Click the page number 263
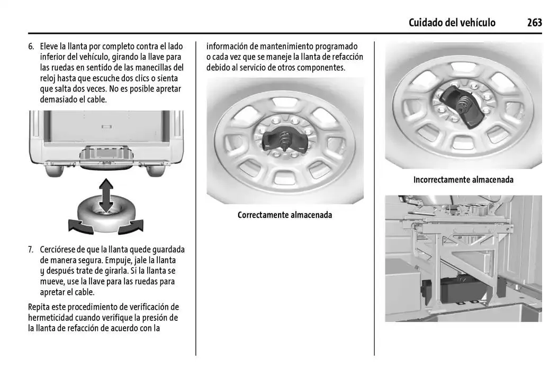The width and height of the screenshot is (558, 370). (534, 22)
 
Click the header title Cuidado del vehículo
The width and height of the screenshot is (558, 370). (452, 22)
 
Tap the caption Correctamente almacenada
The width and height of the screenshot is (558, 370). (285, 215)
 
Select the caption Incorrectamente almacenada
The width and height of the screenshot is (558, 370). (463, 180)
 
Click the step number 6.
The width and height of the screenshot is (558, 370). (31, 47)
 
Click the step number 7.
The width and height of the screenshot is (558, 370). (31, 249)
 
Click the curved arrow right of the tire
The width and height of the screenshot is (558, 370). (131, 228)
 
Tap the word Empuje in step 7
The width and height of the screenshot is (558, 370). (119, 260)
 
